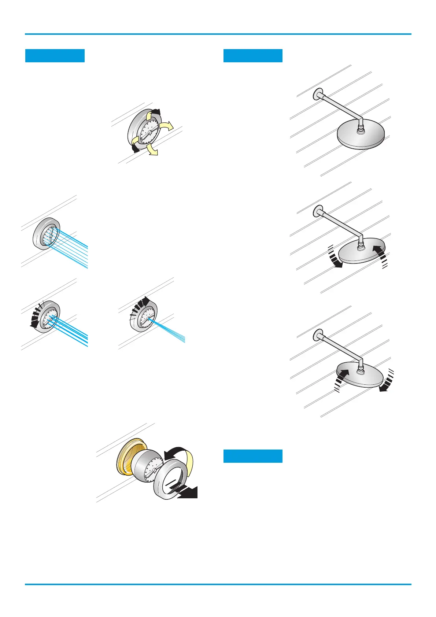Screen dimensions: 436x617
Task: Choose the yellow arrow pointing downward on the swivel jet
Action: pos(152,150)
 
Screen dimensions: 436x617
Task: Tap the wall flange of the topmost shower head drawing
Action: pos(317,94)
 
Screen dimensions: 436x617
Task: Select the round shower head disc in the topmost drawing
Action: pos(361,135)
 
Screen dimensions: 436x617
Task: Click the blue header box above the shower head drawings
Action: pos(253,56)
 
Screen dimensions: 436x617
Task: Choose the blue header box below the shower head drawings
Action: pos(253,456)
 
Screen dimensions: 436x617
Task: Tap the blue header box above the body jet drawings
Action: pos(55,56)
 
